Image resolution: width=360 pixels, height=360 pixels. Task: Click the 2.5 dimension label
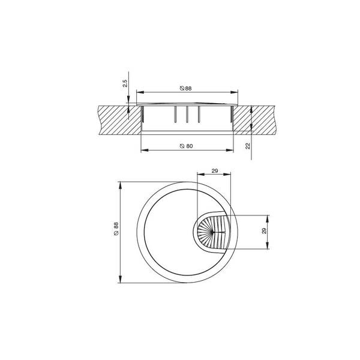click(125, 83)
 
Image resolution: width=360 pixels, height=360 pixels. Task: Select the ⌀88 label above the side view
click(185, 88)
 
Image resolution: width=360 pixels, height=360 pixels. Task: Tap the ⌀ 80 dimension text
click(186, 146)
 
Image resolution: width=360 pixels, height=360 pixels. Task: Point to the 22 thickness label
click(248, 146)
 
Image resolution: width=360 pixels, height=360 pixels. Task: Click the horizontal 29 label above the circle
click(214, 171)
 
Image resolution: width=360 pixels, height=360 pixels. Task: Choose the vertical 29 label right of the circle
click(264, 231)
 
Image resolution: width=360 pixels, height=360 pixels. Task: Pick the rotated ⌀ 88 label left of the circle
click(116, 228)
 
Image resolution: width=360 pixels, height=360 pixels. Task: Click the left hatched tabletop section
click(119, 120)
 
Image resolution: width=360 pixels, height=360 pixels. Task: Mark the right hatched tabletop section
click(254, 120)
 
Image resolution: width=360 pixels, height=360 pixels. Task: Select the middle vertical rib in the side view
click(187, 115)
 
